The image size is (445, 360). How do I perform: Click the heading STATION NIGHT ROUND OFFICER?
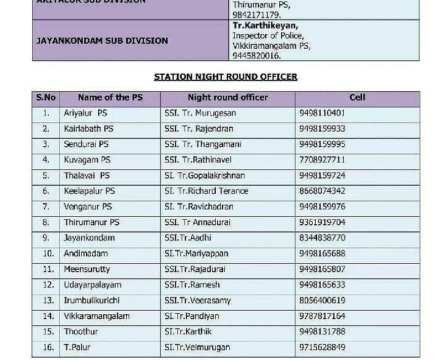click(226, 77)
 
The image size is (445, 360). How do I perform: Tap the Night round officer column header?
click(227, 97)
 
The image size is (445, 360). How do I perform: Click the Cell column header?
click(357, 97)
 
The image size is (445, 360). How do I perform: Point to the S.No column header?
click(46, 97)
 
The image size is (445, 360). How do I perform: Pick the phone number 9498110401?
click(322, 113)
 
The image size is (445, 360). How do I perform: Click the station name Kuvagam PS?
click(87, 160)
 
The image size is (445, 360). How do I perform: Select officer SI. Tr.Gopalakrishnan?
click(204, 176)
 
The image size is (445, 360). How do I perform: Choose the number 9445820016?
click(256, 55)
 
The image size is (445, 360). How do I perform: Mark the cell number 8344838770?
click(322, 238)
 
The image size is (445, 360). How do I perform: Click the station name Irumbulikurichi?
click(91, 301)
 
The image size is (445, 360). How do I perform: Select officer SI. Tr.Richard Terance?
click(206, 191)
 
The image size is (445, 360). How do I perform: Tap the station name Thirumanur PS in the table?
click(91, 223)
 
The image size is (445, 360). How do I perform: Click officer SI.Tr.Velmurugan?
click(197, 348)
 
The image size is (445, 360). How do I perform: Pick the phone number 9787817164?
click(322, 317)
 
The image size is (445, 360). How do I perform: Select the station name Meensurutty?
click(87, 269)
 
